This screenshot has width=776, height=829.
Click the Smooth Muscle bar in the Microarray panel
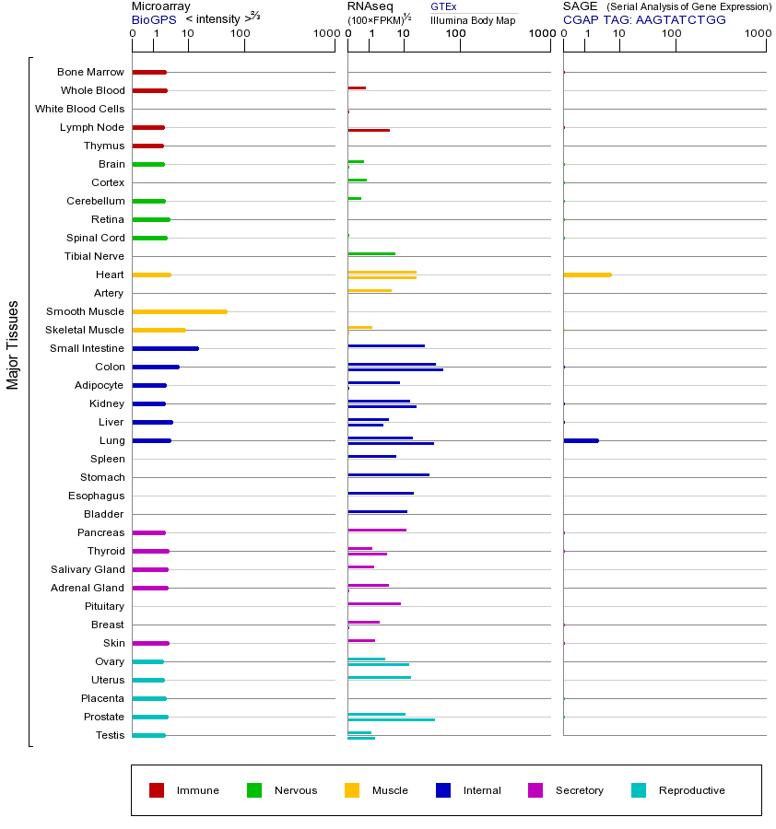[180, 311]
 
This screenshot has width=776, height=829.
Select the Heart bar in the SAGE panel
[587, 274]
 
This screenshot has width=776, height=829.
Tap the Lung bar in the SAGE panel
[581, 440]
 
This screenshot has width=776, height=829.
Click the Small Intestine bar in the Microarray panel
[166, 348]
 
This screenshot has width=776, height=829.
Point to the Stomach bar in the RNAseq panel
[388, 474]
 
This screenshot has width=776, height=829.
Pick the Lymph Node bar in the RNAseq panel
[369, 130]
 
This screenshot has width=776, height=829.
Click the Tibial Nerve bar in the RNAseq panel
[371, 253]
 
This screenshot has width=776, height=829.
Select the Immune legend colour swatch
[157, 790]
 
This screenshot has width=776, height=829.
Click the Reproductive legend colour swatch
[639, 790]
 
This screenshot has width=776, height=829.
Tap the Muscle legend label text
[390, 790]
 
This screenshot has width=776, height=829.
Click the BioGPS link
[153, 19]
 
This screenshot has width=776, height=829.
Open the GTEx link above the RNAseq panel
[443, 6]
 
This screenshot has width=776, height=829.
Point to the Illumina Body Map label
[473, 20]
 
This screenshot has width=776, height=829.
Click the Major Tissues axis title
[13, 344]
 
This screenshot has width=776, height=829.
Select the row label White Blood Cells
[79, 109]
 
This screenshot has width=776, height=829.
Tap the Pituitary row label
[104, 606]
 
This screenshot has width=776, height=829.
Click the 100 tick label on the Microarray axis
[241, 35]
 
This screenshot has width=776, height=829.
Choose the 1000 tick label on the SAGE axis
[757, 35]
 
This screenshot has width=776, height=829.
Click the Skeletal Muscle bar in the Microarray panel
[159, 330]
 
